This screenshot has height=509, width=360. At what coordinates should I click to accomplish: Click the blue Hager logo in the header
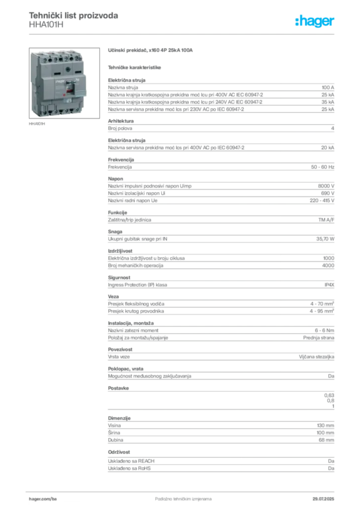coord(315,21)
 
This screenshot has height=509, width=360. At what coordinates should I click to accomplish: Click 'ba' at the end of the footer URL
coord(55,497)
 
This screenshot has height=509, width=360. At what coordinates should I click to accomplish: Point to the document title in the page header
coord(74,16)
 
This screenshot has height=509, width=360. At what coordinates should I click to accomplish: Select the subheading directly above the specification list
coord(135,66)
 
